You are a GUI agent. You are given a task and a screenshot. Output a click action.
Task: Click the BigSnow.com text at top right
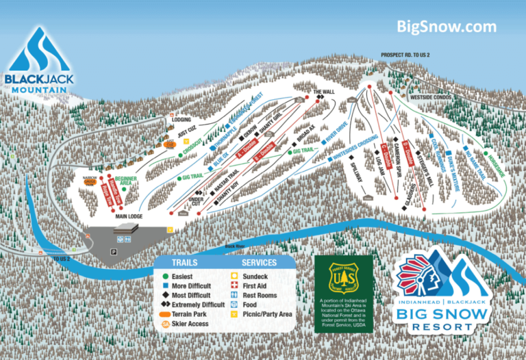(446, 27)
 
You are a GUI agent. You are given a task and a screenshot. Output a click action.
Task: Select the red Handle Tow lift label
(108, 192)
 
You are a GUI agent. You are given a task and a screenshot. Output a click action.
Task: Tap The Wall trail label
(325, 91)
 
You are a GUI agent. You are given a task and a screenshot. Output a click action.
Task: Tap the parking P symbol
(114, 252)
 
